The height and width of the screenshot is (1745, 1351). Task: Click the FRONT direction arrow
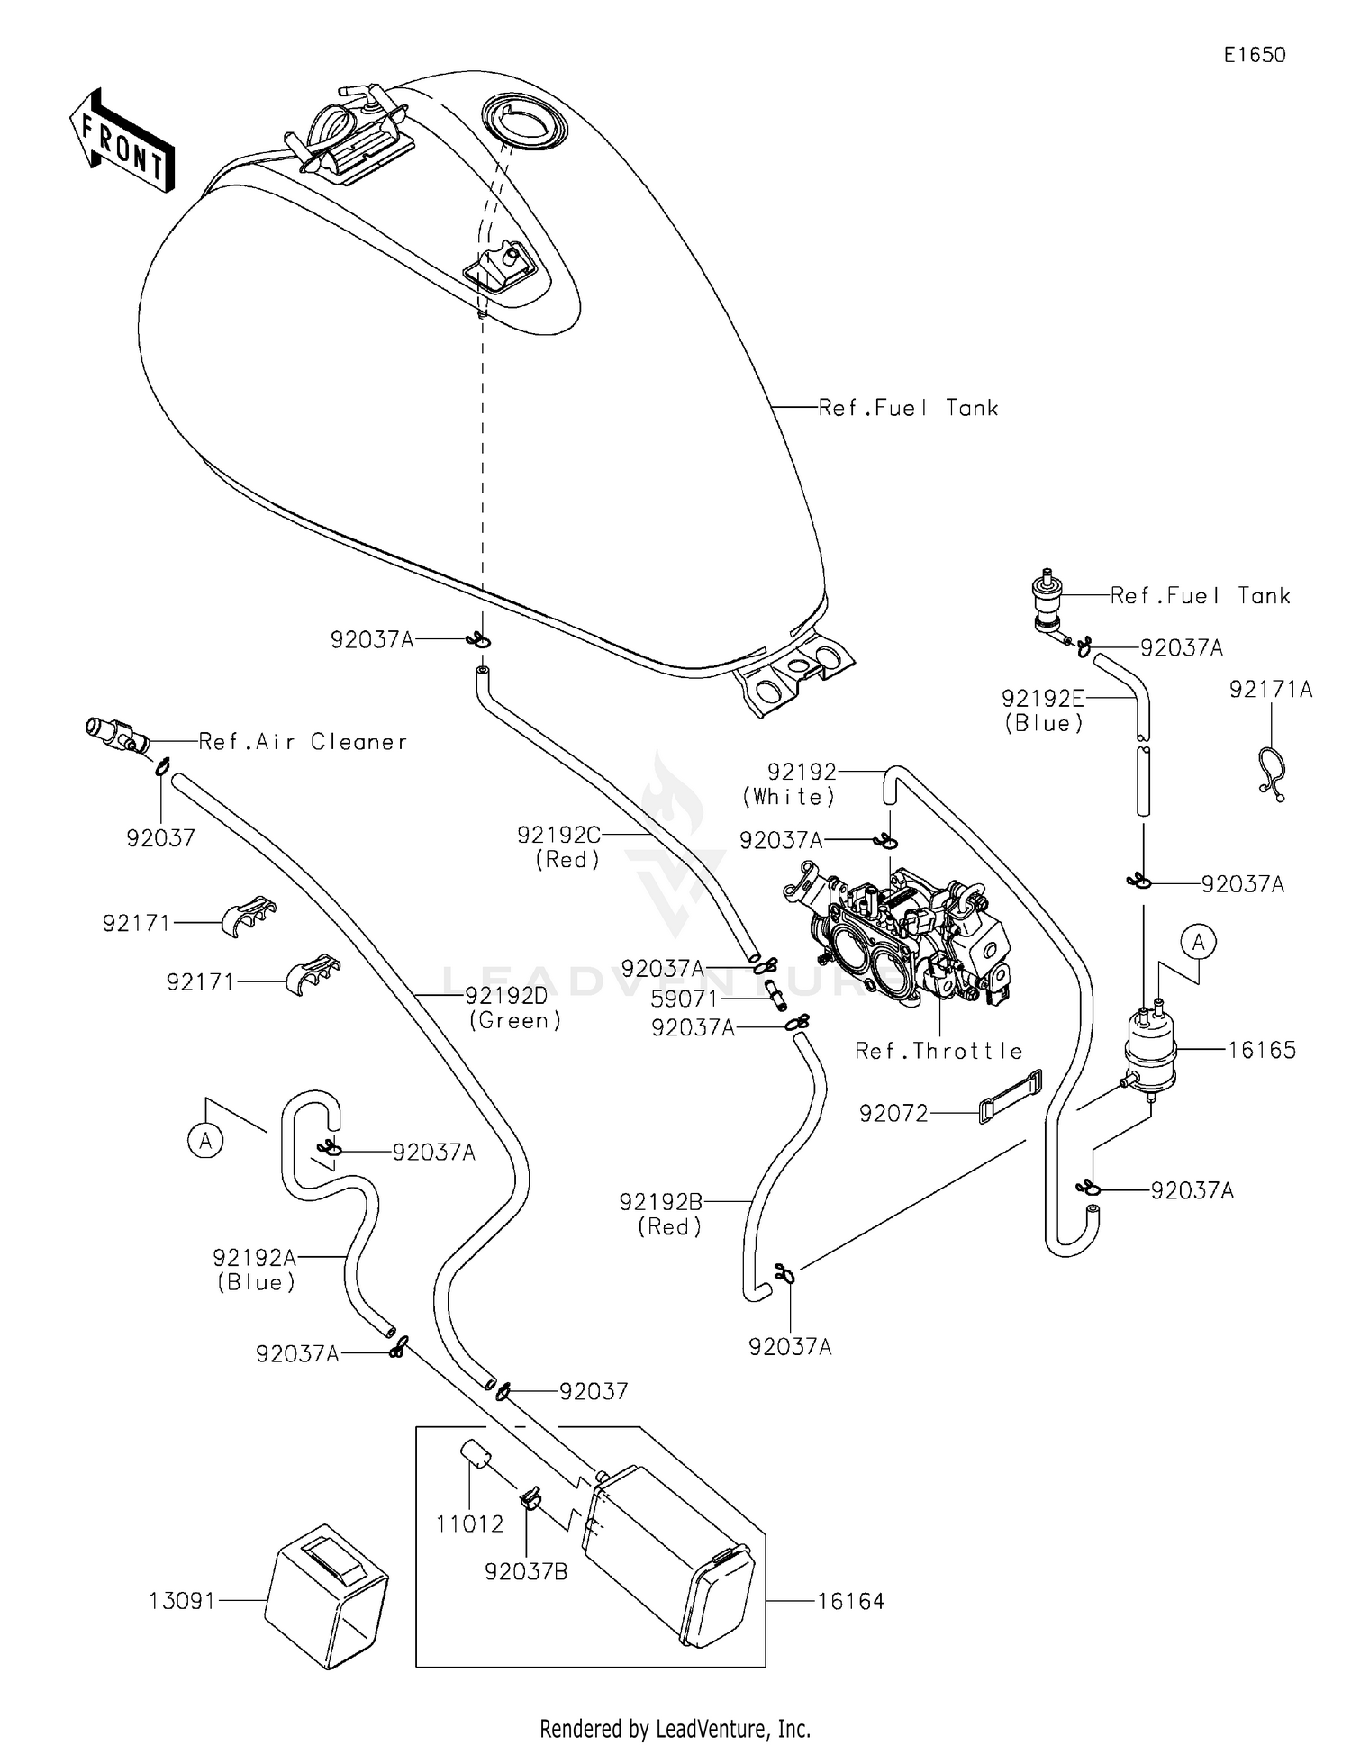click(122, 142)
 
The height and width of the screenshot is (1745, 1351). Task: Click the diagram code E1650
click(1254, 55)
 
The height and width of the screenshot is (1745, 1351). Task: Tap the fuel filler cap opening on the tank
click(524, 121)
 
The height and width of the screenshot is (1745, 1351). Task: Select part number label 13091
click(182, 1601)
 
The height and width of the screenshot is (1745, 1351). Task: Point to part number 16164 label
click(850, 1601)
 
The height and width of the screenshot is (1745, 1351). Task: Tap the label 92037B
click(526, 1571)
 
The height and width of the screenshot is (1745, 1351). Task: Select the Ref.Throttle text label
click(938, 1051)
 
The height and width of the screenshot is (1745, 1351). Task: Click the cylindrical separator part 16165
click(1150, 1052)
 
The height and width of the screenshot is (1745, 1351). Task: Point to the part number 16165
click(1262, 1050)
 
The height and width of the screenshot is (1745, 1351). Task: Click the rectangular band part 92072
click(1010, 1096)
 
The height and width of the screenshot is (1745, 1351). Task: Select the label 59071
click(685, 999)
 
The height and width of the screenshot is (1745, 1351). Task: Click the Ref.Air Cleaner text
click(303, 742)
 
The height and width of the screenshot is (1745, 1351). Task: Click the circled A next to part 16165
click(1199, 943)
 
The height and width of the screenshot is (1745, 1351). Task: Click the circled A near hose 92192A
click(205, 1141)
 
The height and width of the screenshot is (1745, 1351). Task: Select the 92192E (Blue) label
click(1043, 710)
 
